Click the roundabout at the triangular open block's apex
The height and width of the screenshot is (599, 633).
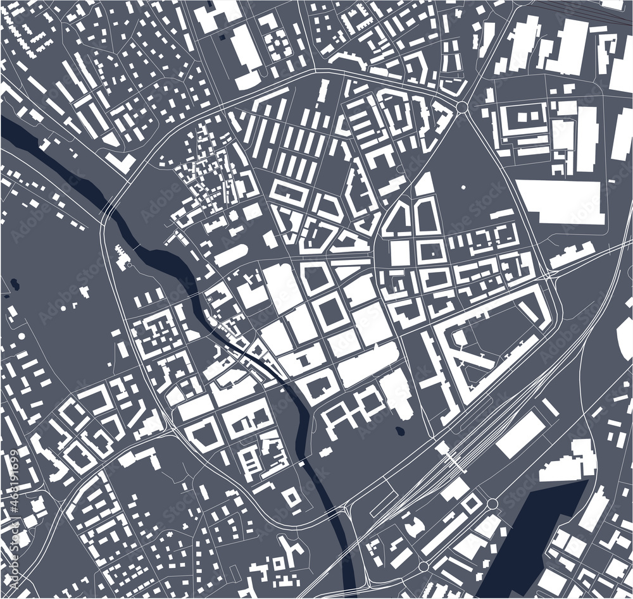pos(461,108)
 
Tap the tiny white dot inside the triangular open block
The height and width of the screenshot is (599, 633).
pos(463,187)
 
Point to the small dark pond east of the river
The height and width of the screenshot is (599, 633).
pos(400,432)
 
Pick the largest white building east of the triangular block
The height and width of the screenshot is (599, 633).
pos(558,201)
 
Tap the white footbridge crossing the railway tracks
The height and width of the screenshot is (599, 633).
pos(450,455)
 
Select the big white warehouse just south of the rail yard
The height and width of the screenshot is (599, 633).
pos(520,434)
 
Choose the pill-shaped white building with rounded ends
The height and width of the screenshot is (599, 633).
pos(230,255)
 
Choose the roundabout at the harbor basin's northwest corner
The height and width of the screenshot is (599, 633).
pos(492,503)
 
